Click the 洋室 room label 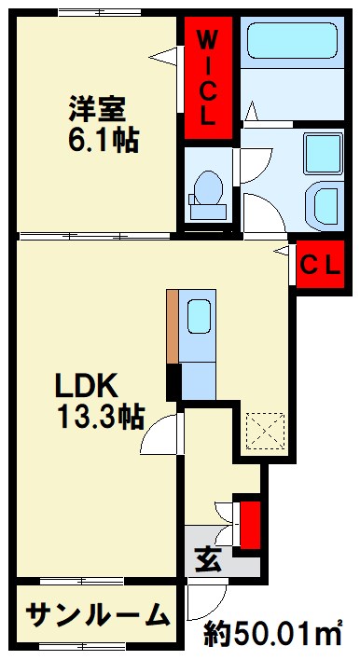(x=97, y=108)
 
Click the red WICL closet (x=209, y=78)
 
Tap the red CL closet (x=321, y=265)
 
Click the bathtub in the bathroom (x=293, y=41)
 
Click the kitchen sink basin (x=198, y=316)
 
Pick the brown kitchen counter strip (x=173, y=326)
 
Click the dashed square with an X (x=265, y=431)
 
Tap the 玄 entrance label (x=208, y=560)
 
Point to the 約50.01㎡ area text (x=273, y=634)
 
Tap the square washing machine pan (x=323, y=154)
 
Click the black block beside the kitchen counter (x=173, y=382)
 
